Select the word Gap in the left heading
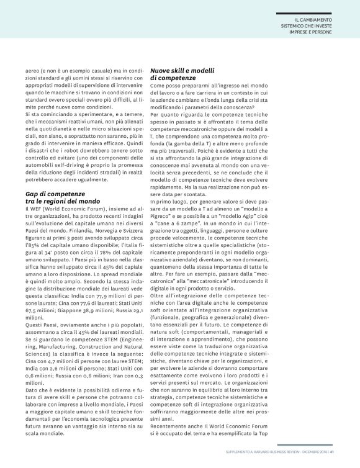point(31,194)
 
